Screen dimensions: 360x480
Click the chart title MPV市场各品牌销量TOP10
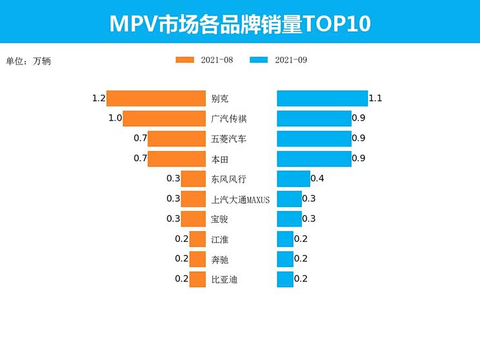(240, 23)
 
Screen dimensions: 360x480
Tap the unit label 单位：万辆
(28, 62)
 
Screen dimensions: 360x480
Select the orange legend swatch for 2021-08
(185, 60)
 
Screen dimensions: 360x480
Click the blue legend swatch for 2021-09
(258, 60)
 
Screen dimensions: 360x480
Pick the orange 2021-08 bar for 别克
(155, 99)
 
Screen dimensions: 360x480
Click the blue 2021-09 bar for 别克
(322, 99)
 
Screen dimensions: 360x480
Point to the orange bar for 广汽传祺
(164, 119)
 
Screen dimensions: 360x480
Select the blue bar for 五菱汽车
(314, 139)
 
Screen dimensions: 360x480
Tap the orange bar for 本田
(176, 159)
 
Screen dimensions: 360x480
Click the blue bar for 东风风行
(294, 179)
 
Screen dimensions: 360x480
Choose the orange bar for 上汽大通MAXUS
(193, 199)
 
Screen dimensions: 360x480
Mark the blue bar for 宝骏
(289, 219)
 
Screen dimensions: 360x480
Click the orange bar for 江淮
(197, 239)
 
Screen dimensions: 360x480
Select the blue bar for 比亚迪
(285, 279)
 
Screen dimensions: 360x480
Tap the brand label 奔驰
(219, 259)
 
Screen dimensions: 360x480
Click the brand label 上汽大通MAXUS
(240, 199)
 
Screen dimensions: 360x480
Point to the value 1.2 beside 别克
(99, 99)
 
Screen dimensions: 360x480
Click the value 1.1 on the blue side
(375, 99)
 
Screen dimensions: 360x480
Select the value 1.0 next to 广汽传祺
(115, 119)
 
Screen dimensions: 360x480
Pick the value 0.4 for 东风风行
(317, 179)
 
